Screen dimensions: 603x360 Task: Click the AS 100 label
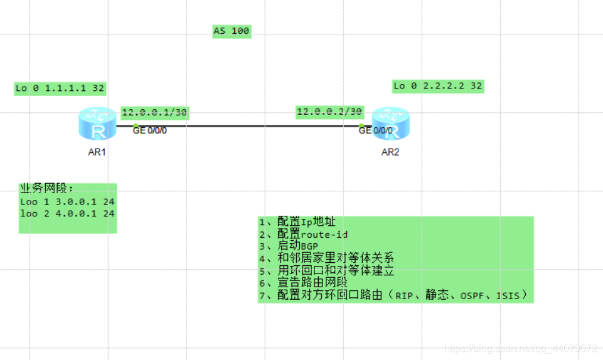click(232, 31)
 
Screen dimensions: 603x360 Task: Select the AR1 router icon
click(97, 124)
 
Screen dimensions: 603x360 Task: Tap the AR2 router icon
click(390, 124)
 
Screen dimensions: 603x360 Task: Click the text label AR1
click(97, 152)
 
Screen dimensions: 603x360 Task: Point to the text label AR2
click(390, 152)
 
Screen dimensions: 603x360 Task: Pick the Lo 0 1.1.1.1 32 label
click(60, 88)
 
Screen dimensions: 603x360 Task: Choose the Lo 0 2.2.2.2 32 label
click(438, 86)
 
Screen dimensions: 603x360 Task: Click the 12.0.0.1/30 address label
click(154, 113)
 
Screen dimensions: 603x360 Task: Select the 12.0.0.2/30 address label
click(329, 112)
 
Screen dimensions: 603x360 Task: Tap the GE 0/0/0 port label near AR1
click(150, 130)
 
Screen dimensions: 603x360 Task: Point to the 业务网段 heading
click(47, 189)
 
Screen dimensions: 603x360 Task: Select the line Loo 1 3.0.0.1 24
click(67, 202)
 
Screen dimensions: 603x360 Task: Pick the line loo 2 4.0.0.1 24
click(67, 213)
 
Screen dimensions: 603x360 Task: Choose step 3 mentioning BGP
click(289, 246)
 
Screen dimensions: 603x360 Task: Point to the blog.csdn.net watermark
click(521, 348)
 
